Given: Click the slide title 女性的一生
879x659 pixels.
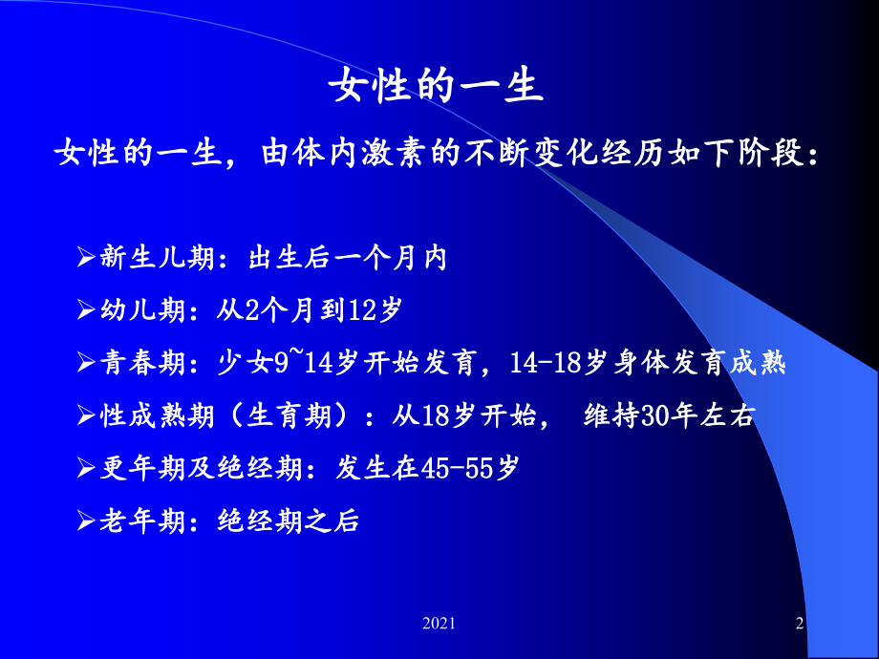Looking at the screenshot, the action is coord(436,86).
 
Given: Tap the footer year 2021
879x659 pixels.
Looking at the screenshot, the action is coord(439,623).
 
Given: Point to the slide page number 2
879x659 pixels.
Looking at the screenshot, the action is coord(800,623).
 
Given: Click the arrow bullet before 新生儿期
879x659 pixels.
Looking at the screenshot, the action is coord(86,257).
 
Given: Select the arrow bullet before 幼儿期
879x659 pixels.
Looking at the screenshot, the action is coord(86,309).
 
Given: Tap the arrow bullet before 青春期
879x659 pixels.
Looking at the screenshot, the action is coord(86,363).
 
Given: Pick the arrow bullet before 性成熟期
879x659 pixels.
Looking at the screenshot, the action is coord(86,415).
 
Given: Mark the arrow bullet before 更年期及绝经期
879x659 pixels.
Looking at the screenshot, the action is coord(86,468).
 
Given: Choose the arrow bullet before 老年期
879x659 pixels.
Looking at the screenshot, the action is coord(86,521).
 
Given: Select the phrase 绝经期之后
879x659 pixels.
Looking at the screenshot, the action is coord(289,521).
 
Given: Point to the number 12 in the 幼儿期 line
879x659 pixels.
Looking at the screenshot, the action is coord(362,310).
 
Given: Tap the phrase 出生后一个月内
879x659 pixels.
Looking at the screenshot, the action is coord(348,258).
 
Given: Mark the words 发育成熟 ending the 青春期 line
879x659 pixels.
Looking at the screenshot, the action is coord(729,363).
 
